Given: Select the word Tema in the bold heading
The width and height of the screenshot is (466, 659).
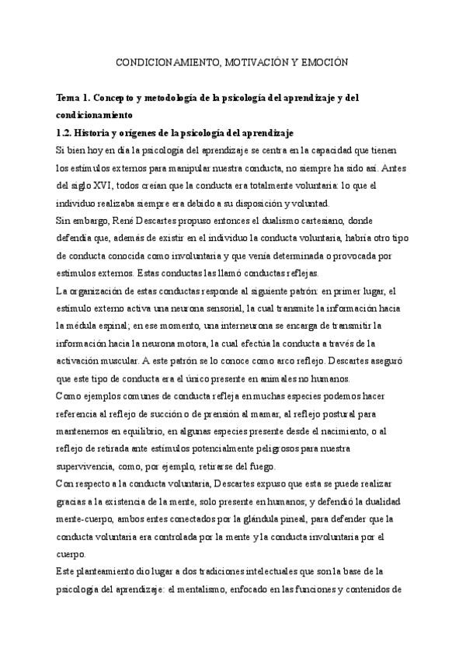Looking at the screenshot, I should [69, 98].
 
